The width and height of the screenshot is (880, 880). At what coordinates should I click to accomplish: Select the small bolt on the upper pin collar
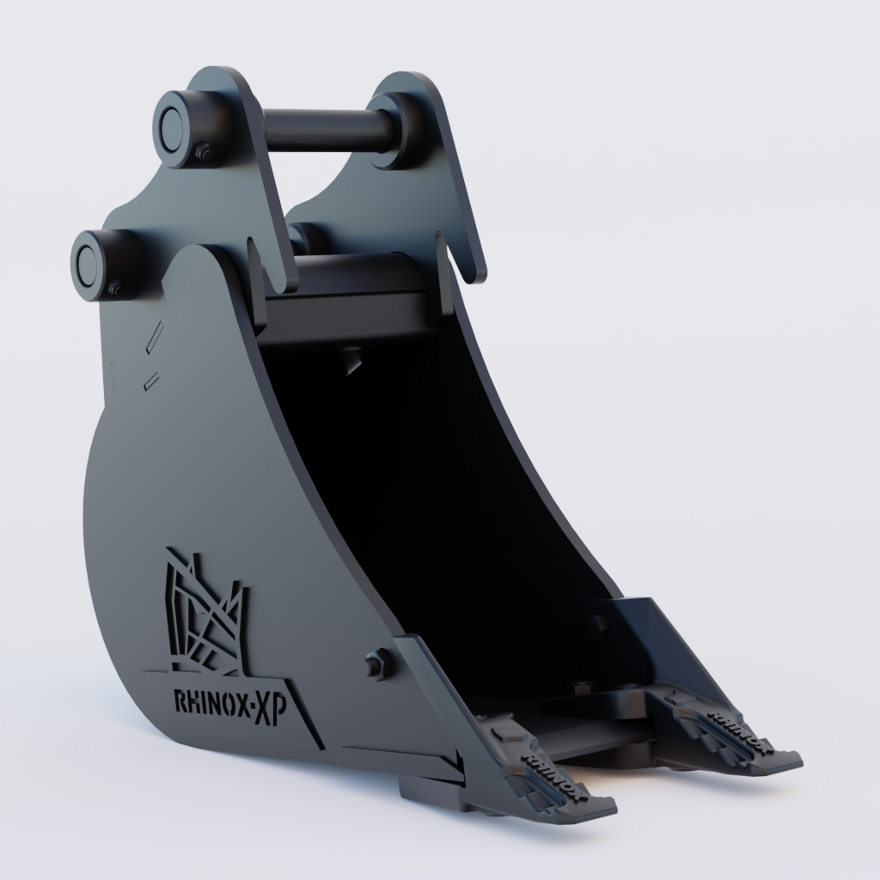coord(205,153)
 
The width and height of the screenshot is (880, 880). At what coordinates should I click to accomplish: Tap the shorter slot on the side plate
coord(151,380)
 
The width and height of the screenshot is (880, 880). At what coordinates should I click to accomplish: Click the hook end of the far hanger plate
coord(474,271)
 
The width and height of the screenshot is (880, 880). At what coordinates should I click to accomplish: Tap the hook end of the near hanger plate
coord(283,279)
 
